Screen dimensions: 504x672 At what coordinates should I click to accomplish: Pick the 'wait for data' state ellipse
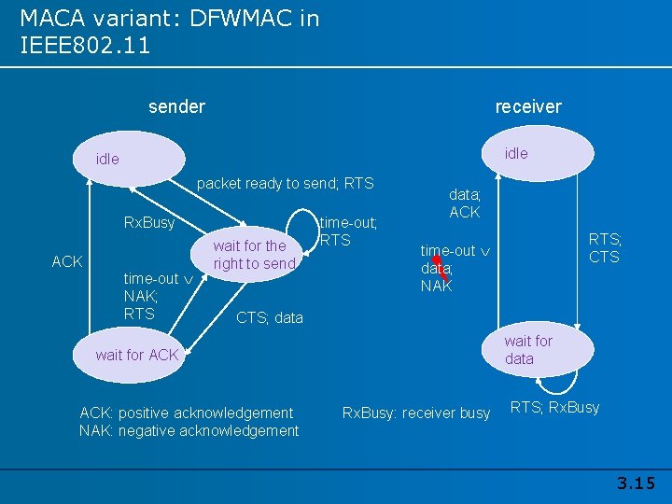537,350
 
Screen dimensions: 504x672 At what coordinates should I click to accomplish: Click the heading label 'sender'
176,106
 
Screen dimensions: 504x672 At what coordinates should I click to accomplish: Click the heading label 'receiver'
528,106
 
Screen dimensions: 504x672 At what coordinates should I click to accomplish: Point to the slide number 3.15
637,483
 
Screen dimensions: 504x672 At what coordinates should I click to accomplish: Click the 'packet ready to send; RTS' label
285,184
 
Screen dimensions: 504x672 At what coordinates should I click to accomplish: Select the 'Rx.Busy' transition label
149,223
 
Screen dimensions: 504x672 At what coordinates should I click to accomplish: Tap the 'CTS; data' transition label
270,317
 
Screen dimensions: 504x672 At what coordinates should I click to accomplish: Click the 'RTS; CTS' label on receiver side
605,248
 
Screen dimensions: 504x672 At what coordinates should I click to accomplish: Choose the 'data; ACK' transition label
464,203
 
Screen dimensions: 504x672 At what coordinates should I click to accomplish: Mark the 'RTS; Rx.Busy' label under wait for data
554,407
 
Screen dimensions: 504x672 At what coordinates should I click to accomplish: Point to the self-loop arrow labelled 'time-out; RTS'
302,221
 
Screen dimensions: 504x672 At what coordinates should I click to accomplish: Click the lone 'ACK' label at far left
67,261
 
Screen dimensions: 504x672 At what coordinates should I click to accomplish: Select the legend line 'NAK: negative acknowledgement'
189,430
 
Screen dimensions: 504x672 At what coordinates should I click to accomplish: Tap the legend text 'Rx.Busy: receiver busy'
416,413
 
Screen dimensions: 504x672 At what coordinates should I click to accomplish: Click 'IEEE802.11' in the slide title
85,44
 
